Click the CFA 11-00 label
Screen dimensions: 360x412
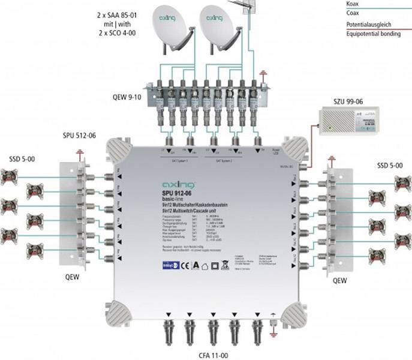215,353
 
